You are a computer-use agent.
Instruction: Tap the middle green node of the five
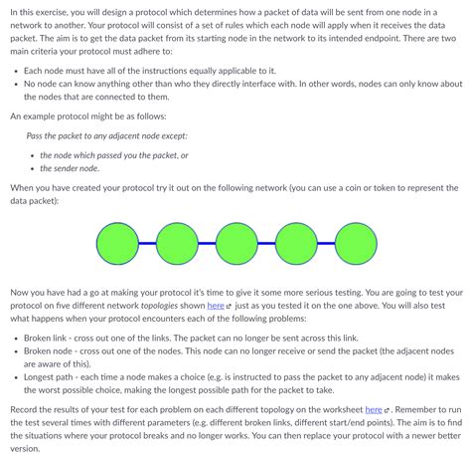pyautogui.click(x=235, y=242)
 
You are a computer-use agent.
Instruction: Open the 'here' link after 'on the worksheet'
pyautogui.click(x=374, y=408)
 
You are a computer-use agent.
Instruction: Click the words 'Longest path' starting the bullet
pyautogui.click(x=51, y=378)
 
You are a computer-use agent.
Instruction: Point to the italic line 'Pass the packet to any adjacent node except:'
pyautogui.click(x=106, y=134)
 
